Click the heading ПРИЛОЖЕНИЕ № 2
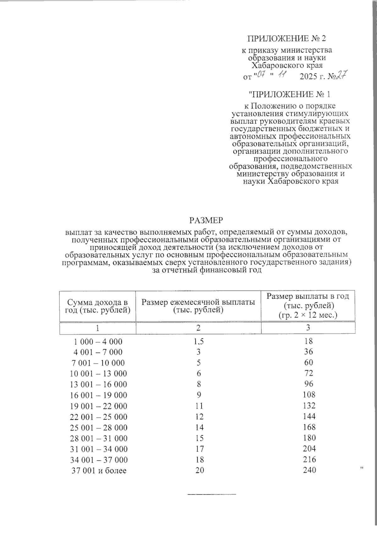click(287, 39)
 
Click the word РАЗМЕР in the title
click(206, 221)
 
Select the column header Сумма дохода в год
click(98, 306)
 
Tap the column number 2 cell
click(198, 328)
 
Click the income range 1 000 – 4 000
click(98, 342)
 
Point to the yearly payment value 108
click(309, 395)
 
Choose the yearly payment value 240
click(309, 470)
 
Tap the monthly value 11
click(199, 406)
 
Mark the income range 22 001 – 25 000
click(98, 417)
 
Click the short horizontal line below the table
click(212, 495)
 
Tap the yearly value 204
click(309, 449)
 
